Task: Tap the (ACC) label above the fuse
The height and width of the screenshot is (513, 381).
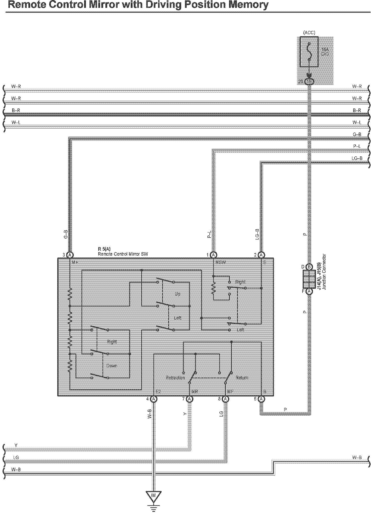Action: pos(309,33)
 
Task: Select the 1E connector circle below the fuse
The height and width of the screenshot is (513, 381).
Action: pos(309,82)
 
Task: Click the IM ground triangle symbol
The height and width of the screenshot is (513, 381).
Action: pos(154,496)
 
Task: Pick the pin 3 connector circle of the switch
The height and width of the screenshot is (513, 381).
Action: pos(70,255)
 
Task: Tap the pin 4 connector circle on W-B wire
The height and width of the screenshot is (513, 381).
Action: pos(154,399)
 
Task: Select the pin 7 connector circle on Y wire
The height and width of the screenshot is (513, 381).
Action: pos(189,399)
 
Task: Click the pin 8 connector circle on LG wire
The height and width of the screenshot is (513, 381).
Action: pos(225,399)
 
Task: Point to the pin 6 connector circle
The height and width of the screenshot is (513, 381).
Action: pos(261,399)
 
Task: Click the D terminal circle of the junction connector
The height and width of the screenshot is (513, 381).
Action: pos(309,267)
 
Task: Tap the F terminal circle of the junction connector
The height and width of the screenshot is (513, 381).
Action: pos(309,291)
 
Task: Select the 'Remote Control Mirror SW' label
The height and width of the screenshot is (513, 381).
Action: pos(123,254)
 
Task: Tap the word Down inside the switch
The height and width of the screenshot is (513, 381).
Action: pos(111,366)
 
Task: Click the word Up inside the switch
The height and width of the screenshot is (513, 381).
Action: pos(177,294)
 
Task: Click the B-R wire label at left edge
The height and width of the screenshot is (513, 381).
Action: pos(16,111)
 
